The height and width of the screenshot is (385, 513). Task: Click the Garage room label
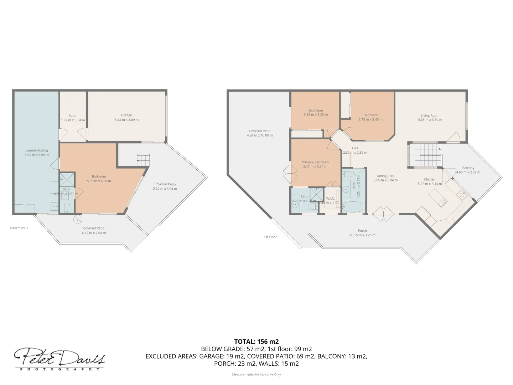click(x=126, y=115)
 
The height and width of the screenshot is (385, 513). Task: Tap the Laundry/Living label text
click(x=37, y=150)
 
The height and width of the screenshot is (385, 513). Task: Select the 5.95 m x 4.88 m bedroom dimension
click(x=99, y=181)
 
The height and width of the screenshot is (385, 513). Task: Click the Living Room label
click(x=430, y=115)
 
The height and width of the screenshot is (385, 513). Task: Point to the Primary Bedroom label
click(x=315, y=162)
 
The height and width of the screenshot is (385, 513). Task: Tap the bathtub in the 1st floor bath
click(x=353, y=207)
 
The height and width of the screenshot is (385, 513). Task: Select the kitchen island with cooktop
click(x=437, y=198)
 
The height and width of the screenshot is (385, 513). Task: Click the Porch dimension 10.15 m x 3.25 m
click(x=362, y=235)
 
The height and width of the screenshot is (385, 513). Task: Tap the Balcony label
click(x=468, y=168)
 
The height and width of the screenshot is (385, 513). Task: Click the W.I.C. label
click(x=330, y=199)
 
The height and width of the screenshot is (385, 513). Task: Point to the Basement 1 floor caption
click(x=19, y=228)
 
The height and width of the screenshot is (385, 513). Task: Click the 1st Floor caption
click(x=270, y=237)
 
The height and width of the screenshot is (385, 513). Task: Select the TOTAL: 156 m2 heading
click(x=256, y=342)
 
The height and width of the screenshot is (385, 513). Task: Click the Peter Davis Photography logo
click(x=59, y=359)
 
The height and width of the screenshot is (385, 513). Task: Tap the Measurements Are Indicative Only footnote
click(x=256, y=374)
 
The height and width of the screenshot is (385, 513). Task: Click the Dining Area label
click(x=385, y=176)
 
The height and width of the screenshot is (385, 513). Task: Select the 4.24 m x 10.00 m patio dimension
click(x=260, y=135)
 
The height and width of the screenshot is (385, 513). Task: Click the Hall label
click(x=355, y=148)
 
